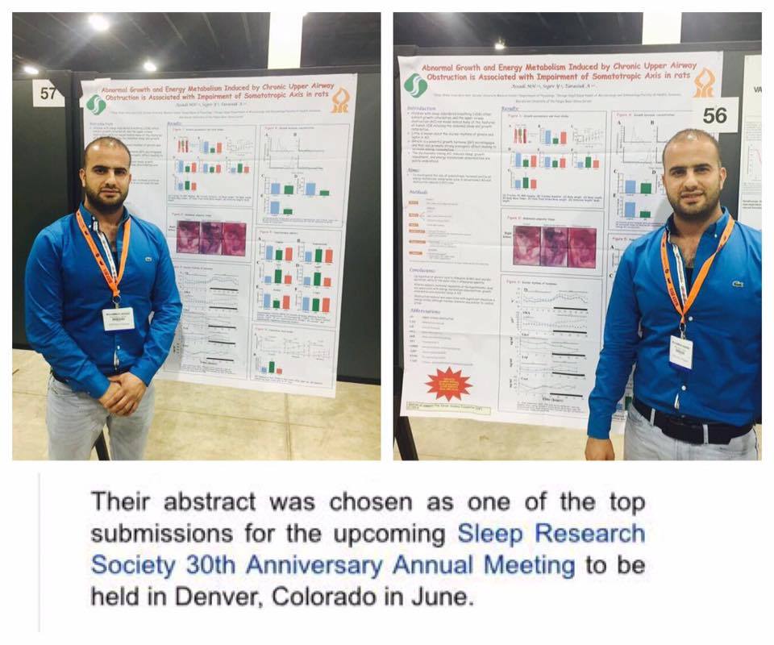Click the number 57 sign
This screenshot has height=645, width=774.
tap(48, 94)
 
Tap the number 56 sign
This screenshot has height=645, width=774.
tap(714, 115)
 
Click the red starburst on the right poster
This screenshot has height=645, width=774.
tap(449, 381)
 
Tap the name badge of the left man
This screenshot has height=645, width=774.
tap(118, 318)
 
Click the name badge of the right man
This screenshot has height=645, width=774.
tap(680, 352)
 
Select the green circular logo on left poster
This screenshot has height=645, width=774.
tap(96, 104)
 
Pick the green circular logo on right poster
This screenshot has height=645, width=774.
tap(415, 84)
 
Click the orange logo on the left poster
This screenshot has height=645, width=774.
tap(340, 100)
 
